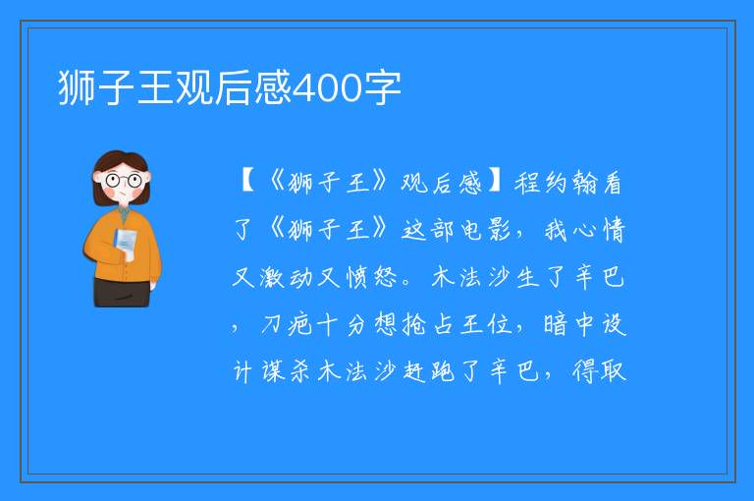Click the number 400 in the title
click(327, 87)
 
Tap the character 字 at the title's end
click(382, 87)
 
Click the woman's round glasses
click(123, 181)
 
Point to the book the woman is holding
click(126, 244)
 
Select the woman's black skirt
click(122, 292)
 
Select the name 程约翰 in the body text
click(555, 184)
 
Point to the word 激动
click(287, 277)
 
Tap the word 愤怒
click(371, 277)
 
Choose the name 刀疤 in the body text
click(287, 325)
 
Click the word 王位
click(485, 325)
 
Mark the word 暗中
click(568, 325)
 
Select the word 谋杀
click(286, 371)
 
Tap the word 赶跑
click(428, 371)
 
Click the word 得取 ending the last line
click(599, 370)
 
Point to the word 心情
click(598, 230)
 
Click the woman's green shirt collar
click(124, 213)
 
